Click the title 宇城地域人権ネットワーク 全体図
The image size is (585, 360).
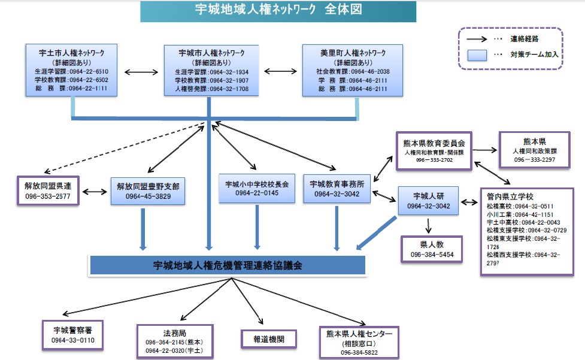pos(278,10)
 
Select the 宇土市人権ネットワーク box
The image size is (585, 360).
pos(71,69)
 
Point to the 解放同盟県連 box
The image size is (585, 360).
pos(47,190)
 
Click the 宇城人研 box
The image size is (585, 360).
pos(428,201)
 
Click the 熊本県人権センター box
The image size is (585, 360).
pos(359,342)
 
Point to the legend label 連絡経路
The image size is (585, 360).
pos(524,38)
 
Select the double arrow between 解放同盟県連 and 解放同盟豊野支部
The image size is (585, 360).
pos(95,192)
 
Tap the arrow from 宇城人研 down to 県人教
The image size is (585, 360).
pos(429,225)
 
